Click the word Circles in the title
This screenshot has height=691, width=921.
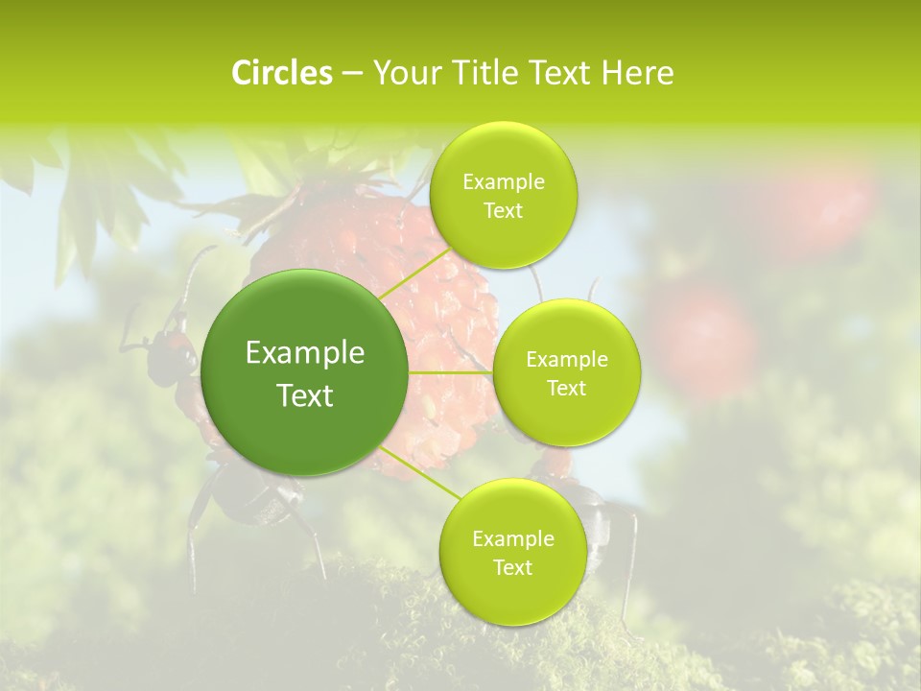(281, 73)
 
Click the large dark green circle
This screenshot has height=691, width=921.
(305, 372)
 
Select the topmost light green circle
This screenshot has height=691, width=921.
(503, 196)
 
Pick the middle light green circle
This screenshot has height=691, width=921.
(566, 372)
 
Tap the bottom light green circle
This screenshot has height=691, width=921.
(512, 552)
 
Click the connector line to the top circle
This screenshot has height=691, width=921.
(414, 275)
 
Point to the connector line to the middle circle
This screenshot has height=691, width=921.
(451, 372)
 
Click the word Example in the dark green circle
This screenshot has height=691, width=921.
(305, 353)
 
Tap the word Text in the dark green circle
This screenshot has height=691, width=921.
(305, 395)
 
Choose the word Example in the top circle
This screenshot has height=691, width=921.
(503, 182)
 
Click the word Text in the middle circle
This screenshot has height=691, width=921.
(566, 388)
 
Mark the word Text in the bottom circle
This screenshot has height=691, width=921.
(512, 567)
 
